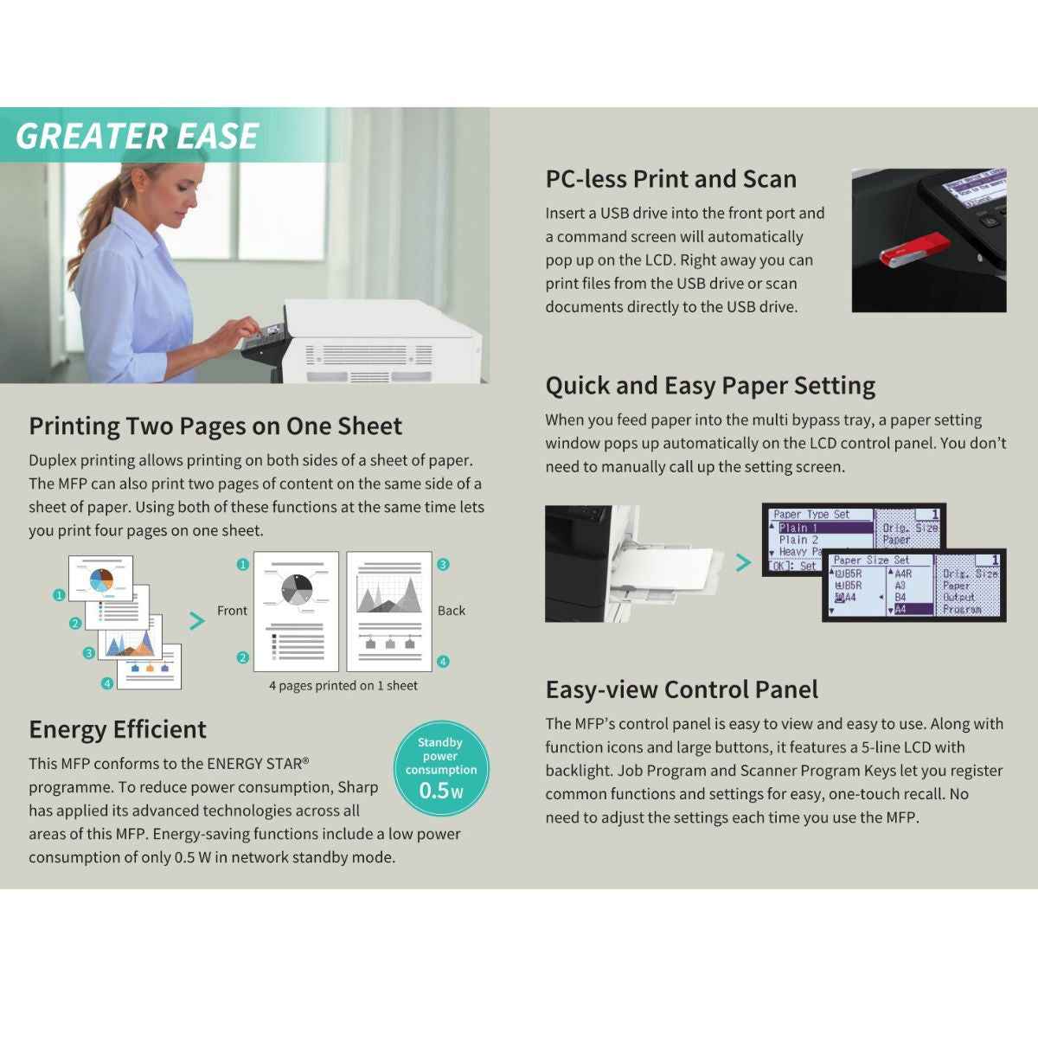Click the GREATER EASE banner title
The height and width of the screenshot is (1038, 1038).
click(137, 137)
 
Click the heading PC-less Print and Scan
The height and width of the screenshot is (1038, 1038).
click(670, 179)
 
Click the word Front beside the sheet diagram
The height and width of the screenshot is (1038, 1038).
click(232, 611)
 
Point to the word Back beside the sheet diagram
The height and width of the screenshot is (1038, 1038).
click(451, 611)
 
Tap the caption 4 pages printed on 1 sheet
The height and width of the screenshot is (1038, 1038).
click(343, 686)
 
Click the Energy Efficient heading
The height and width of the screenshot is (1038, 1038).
click(118, 729)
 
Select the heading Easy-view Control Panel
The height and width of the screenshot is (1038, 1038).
click(681, 689)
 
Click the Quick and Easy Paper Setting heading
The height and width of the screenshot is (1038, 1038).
click(709, 385)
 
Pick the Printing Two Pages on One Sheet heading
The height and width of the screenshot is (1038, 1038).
click(215, 426)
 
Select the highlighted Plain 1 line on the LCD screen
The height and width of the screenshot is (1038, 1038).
click(822, 528)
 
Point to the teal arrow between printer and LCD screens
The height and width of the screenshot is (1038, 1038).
click(743, 563)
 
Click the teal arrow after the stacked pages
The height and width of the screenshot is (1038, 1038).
click(197, 620)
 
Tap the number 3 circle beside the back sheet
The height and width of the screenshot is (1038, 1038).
click(443, 564)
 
